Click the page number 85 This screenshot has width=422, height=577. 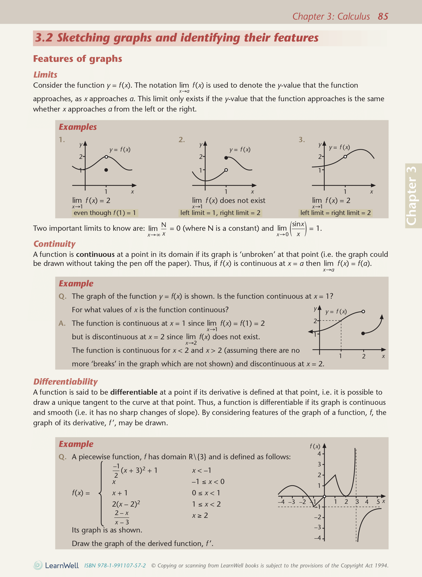coord(383,16)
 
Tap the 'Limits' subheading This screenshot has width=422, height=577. coord(45,75)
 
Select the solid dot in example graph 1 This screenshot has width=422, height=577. coord(106,170)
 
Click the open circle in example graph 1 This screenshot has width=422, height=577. coord(106,157)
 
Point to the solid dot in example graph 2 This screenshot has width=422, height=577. coord(226,158)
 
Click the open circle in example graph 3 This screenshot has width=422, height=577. coord(345,156)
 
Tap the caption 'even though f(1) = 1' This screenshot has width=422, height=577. coord(105,213)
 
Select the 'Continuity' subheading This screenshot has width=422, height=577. coord(54,244)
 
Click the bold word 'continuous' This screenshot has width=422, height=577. coord(95,254)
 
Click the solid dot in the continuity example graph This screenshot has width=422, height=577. coord(363,333)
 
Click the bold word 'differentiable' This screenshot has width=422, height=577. coord(134,392)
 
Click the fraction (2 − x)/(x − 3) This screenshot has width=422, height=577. coord(122,517)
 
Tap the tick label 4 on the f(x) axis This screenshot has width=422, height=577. coord(319,454)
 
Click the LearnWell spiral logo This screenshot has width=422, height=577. coord(38,565)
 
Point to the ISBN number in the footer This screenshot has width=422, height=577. coord(115,566)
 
